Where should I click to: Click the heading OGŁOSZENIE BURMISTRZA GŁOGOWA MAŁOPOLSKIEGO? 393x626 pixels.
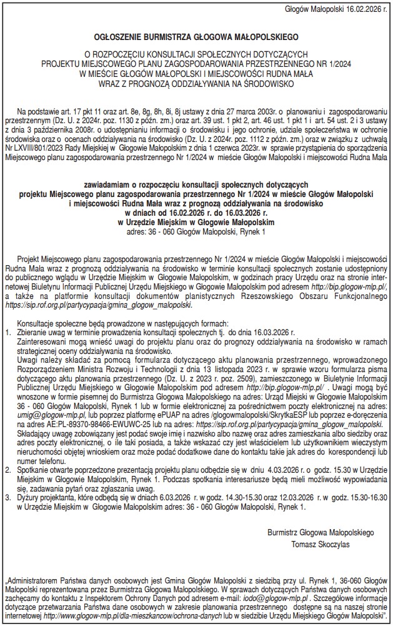[196, 37]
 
